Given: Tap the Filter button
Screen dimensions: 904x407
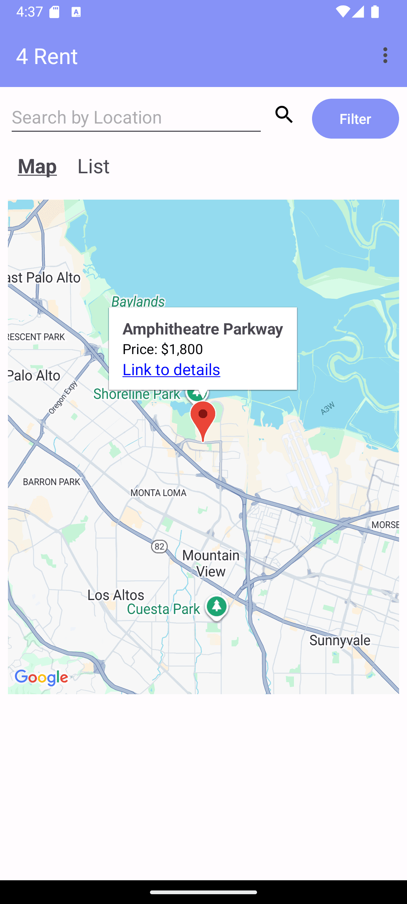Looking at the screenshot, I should tap(355, 119).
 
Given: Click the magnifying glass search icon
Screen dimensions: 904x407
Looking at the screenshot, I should tap(284, 115).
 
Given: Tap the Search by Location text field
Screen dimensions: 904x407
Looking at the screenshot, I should tap(136, 118).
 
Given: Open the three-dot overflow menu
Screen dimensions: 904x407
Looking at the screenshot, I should tap(385, 55).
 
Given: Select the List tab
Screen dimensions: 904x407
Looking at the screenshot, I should tap(93, 166).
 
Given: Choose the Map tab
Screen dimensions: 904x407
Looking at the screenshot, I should tap(37, 166).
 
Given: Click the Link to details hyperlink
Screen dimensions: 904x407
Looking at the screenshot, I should tap(171, 370).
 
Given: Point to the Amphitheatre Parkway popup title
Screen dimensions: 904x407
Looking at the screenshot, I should tap(203, 329).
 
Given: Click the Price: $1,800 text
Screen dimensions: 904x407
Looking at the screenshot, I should tap(163, 349).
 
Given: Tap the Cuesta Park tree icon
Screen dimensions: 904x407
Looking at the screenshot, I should tap(216, 606).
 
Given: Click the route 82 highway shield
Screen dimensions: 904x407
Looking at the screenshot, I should tap(159, 546).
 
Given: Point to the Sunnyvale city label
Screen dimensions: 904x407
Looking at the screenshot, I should tap(340, 640).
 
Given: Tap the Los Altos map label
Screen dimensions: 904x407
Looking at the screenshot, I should tap(116, 595).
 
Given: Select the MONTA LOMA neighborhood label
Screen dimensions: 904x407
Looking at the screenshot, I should tap(158, 493).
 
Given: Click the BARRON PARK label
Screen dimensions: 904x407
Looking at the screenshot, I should tap(52, 482).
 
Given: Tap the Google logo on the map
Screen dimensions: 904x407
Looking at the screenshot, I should tap(41, 678).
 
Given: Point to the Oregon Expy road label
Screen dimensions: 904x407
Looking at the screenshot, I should tap(63, 397).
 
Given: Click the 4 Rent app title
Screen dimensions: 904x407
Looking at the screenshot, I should tap(47, 56).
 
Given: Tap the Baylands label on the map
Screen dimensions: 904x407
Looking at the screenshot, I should tap(138, 301).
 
